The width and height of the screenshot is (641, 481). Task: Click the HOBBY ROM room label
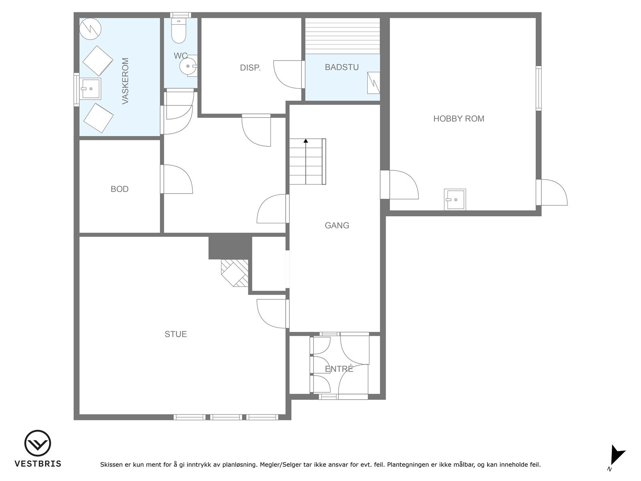tap(459, 119)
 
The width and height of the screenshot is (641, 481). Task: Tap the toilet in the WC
tap(179, 31)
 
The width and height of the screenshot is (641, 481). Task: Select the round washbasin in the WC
tap(187, 66)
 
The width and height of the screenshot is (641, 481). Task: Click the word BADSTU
tap(342, 67)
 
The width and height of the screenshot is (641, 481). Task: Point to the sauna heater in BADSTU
tap(373, 83)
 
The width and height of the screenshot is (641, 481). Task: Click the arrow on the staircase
tap(306, 141)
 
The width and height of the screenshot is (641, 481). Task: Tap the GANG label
tap(337, 225)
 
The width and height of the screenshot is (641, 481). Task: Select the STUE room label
tap(175, 334)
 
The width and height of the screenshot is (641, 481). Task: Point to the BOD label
tap(119, 189)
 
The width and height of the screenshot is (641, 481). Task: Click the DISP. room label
tap(250, 68)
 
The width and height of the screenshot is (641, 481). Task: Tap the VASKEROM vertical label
tap(125, 81)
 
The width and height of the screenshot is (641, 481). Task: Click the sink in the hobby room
tap(455, 199)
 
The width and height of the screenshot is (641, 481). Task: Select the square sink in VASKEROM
tap(91, 89)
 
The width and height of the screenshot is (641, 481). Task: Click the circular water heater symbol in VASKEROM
tap(90, 28)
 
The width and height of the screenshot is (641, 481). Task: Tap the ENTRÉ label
tap(339, 369)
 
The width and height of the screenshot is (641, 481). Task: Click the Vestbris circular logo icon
tap(38, 443)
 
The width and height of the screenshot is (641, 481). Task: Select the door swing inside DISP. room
tap(286, 74)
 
